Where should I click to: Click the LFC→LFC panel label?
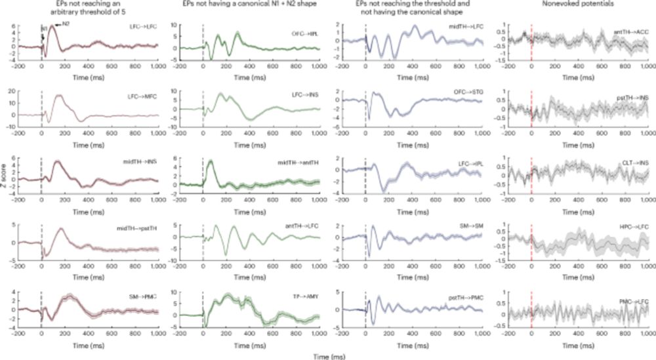click(x=141, y=31)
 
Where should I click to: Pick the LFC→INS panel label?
click(x=303, y=96)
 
